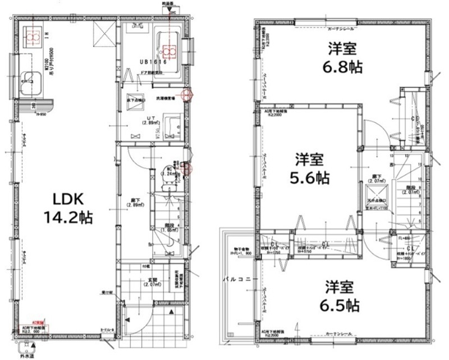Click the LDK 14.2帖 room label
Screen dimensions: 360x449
(68, 207)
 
